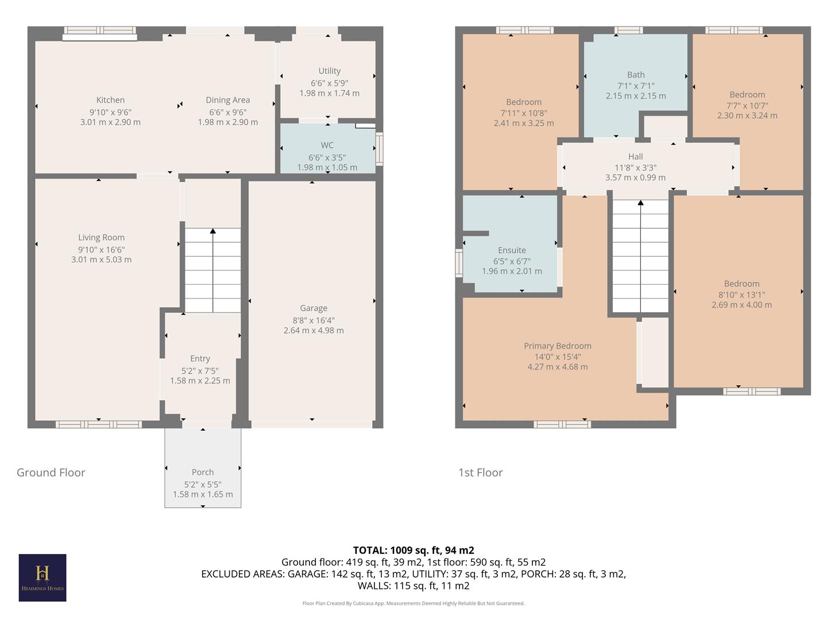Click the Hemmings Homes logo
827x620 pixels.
(x=42, y=577)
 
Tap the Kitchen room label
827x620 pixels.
(x=110, y=100)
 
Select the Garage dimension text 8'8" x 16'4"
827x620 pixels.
(x=313, y=320)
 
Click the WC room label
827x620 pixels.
(x=327, y=145)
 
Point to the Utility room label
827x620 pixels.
(x=329, y=71)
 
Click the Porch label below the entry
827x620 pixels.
(x=203, y=472)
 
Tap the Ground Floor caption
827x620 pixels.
(x=51, y=472)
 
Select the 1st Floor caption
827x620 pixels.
(x=480, y=472)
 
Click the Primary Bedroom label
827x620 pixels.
(x=557, y=346)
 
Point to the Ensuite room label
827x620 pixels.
(x=512, y=250)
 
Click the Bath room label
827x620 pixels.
(x=636, y=75)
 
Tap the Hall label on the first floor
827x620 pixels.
(x=635, y=157)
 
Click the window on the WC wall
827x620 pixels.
(x=379, y=149)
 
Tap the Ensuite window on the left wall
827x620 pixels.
(x=459, y=263)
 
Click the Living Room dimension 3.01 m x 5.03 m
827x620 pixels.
(x=101, y=259)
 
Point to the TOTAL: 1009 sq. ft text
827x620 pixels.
(x=413, y=550)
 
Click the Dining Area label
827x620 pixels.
(x=227, y=100)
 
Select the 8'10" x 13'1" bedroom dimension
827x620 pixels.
(x=741, y=294)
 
